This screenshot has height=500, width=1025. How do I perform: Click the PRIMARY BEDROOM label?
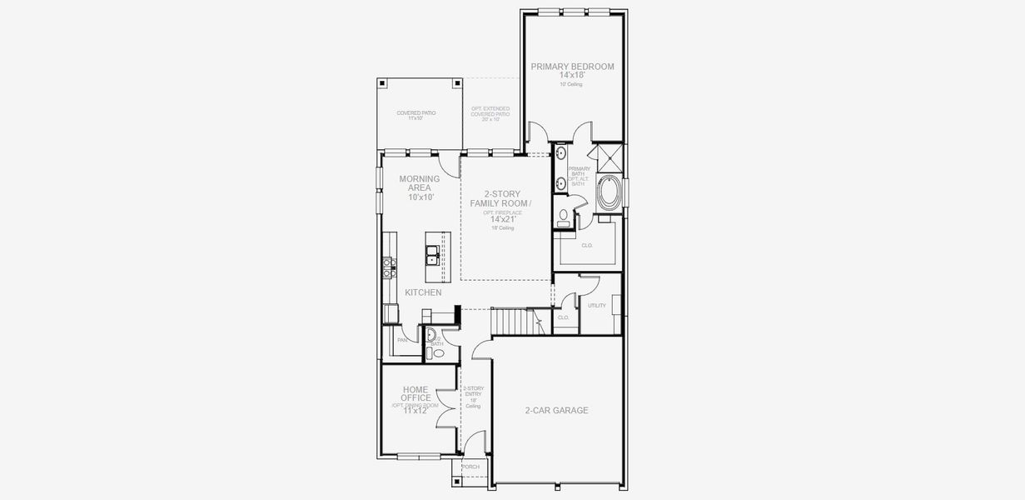coord(573,67)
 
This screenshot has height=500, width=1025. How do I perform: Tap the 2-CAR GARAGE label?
coord(556,410)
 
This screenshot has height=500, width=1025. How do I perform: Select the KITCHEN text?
coord(423,292)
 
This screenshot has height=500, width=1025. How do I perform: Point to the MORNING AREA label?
coord(419,183)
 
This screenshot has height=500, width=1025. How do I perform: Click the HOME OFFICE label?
coord(415,393)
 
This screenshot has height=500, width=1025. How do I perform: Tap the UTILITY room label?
coord(596,306)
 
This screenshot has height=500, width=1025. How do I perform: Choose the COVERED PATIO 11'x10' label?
coord(415,115)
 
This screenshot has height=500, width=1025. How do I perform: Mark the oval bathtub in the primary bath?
coord(608,195)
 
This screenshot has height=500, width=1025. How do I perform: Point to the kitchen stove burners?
coord(388,267)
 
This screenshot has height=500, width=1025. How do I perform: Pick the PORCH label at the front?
coord(470,467)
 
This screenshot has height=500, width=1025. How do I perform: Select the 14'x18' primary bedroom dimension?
coord(573,76)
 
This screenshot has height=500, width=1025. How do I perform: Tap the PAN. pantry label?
coord(402,340)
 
